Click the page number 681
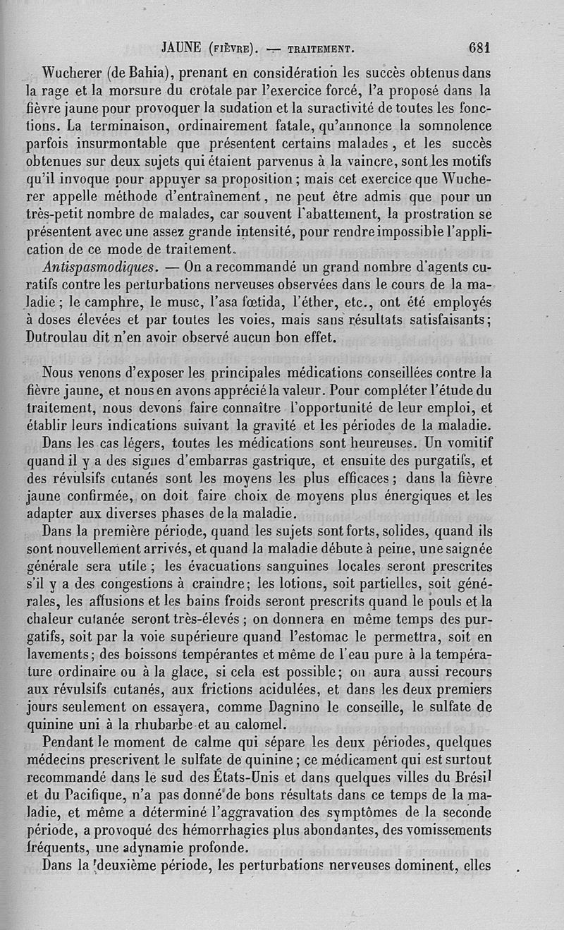tap(478, 48)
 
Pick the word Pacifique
tap(95, 794)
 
